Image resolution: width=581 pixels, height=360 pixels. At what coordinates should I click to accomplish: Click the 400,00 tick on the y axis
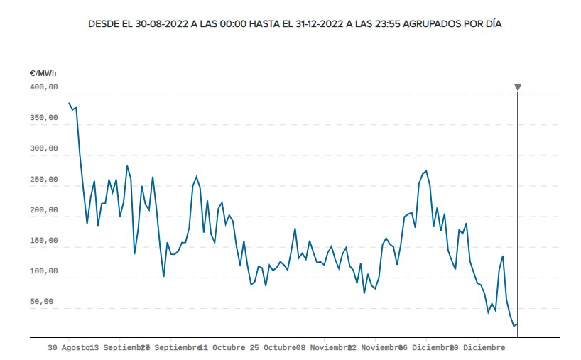coord(43,87)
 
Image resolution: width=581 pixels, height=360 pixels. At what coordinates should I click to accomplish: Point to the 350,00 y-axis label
coord(43,118)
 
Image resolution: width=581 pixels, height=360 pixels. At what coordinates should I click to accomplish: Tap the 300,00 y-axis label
coord(43,148)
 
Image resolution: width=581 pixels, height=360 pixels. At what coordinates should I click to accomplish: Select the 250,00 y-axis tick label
coord(43,180)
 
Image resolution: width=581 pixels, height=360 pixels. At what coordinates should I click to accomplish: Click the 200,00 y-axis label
coord(43,210)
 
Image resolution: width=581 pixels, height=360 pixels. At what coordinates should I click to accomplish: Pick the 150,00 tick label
coord(43,241)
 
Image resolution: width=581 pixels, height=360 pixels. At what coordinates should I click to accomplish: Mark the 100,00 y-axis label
coord(43,271)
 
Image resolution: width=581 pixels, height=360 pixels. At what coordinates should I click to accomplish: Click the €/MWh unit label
coord(44,73)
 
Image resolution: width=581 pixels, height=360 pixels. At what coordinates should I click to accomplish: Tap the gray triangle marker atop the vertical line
coord(518,87)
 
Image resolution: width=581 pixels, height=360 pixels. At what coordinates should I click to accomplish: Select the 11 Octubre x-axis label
coord(222,348)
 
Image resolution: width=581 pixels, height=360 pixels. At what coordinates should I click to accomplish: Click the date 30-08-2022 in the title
coord(163,24)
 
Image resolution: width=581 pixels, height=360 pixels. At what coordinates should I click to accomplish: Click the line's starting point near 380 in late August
coord(69,103)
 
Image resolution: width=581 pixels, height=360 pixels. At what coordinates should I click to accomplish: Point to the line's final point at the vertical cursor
coord(517,324)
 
